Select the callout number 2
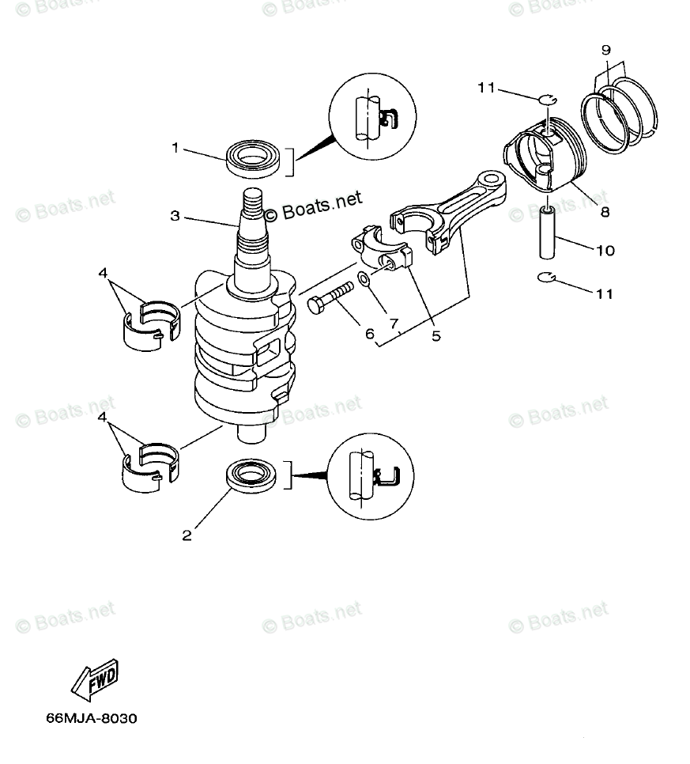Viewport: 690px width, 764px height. [x=187, y=535]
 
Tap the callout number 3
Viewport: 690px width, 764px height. [x=175, y=214]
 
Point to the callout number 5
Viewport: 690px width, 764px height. [x=435, y=335]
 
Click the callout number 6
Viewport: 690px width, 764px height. [x=368, y=334]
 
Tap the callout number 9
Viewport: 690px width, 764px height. [x=606, y=50]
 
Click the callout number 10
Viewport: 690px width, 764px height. [x=605, y=251]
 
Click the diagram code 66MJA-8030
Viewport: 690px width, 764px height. [x=92, y=719]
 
